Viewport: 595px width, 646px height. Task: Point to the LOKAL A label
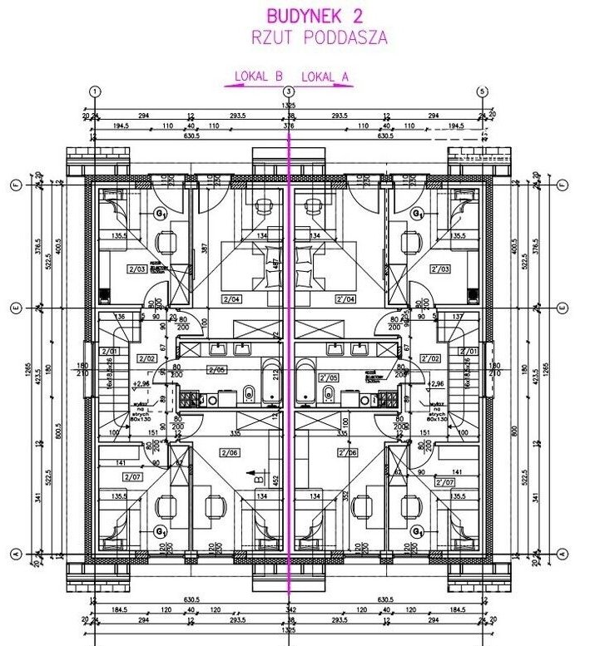325,77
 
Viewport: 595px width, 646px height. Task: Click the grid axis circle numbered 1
96,91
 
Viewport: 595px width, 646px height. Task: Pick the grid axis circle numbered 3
288,91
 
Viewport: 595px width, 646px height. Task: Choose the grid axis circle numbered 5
481,91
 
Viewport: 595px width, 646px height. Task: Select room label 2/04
231,297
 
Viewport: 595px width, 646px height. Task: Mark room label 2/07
131,477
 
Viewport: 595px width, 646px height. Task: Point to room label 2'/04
345,297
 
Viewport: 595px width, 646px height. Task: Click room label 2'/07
445,481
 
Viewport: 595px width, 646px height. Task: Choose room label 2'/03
440,269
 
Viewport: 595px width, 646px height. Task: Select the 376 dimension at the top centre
289,126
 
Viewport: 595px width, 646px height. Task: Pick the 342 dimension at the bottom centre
289,611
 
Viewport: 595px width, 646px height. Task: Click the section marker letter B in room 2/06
258,478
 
